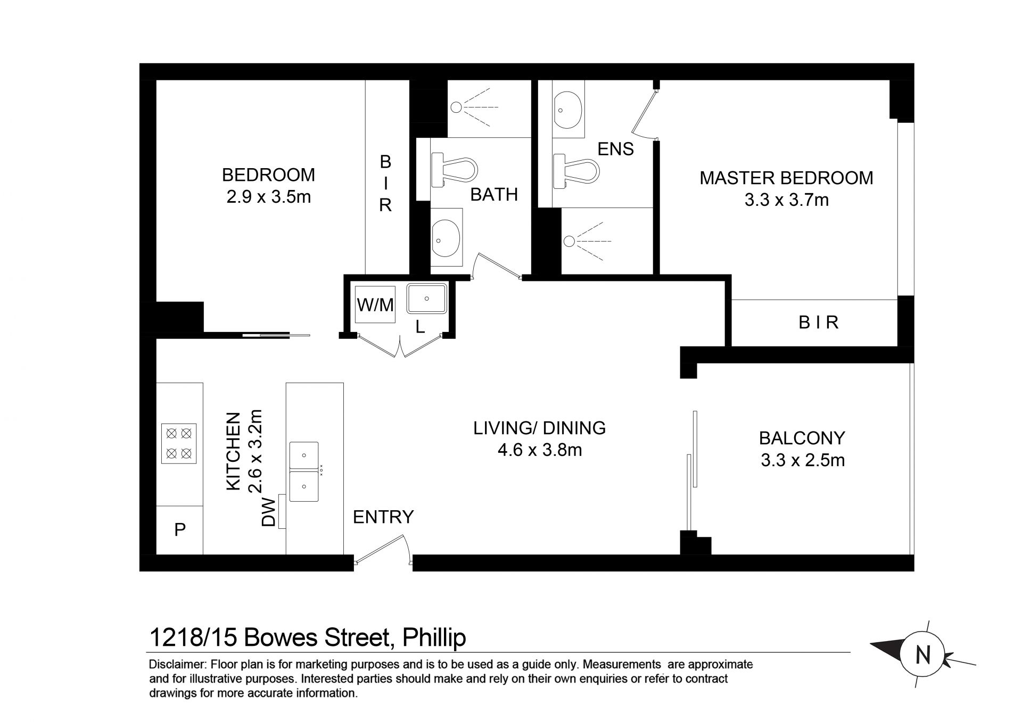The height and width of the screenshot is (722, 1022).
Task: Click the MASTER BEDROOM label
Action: (786, 178)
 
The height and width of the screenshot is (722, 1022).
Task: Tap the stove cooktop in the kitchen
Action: (179, 443)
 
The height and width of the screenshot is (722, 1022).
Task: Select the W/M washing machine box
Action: (375, 305)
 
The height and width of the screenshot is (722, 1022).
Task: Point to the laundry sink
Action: (427, 298)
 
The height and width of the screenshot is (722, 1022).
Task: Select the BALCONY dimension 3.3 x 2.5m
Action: (803, 460)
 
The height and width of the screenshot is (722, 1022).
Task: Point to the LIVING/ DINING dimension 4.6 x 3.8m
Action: (540, 450)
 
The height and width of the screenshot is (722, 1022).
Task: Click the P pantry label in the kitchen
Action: (180, 530)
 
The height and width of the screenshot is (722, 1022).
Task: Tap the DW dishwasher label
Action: (270, 512)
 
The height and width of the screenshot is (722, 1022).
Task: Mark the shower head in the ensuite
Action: (569, 241)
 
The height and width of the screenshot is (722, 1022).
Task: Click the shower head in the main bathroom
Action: (456, 107)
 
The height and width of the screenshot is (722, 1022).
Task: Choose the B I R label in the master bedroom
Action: (819, 322)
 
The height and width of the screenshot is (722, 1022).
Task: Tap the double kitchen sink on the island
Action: (304, 472)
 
